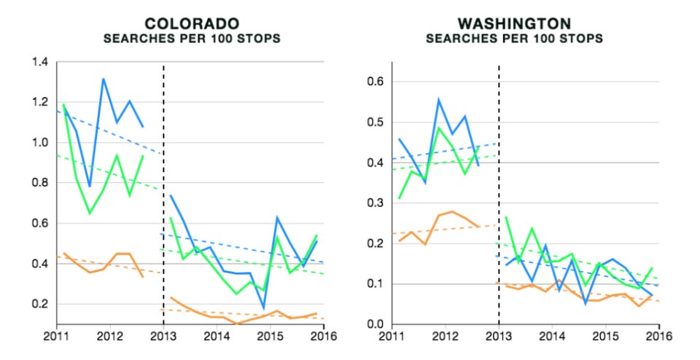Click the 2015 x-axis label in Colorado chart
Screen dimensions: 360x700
click(271, 337)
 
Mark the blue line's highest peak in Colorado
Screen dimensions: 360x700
click(103, 79)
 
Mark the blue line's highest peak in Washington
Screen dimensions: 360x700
click(439, 99)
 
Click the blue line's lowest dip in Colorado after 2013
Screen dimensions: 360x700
click(263, 309)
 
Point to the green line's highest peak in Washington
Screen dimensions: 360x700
click(439, 128)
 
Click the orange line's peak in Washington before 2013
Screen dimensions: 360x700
click(452, 211)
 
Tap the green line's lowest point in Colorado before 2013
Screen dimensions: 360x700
click(90, 213)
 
